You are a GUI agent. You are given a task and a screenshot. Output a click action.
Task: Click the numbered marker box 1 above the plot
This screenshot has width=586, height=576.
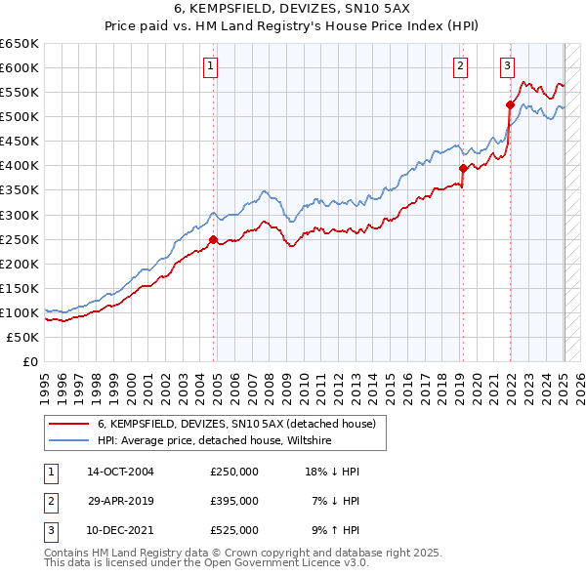[211, 66]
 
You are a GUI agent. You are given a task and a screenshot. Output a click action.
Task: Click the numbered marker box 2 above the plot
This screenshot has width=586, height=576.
[460, 66]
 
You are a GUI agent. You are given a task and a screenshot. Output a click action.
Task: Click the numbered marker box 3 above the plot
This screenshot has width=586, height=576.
[508, 66]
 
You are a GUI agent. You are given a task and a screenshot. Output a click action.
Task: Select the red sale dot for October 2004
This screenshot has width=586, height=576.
[214, 238]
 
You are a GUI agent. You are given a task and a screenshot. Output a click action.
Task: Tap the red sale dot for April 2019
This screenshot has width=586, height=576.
[463, 168]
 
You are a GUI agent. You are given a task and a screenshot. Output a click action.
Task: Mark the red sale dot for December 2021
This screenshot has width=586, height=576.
[510, 104]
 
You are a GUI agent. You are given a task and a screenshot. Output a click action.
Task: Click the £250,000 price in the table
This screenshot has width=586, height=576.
[234, 471]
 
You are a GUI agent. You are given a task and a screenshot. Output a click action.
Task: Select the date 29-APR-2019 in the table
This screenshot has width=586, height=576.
[120, 501]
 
